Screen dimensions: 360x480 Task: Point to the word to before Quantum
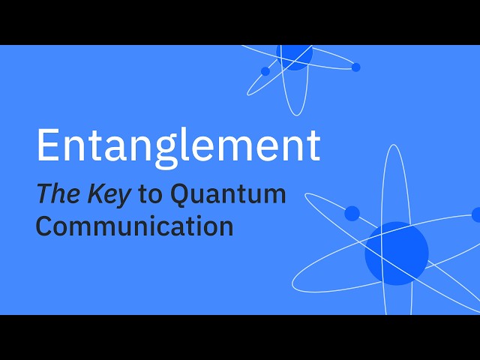click(x=150, y=195)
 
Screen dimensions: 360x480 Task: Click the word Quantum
click(x=228, y=195)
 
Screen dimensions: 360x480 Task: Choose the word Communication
click(x=134, y=226)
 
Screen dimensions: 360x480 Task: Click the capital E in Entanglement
click(x=47, y=145)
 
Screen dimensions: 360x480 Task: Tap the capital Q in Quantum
click(x=181, y=195)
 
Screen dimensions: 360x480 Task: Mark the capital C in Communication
click(x=45, y=226)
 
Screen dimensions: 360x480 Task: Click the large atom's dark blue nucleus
click(x=397, y=253)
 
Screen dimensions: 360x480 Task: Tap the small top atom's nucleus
click(x=295, y=57)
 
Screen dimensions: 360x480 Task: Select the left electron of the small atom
click(x=265, y=71)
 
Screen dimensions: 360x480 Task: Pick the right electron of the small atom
click(x=355, y=67)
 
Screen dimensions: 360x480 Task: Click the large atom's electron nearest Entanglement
click(x=352, y=213)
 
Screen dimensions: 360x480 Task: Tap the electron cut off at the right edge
click(x=476, y=214)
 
